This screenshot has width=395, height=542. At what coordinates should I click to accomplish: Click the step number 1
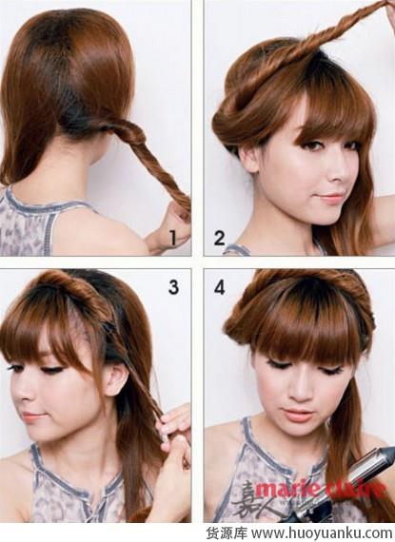click(x=173, y=238)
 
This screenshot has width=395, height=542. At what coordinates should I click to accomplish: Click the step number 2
click(x=219, y=238)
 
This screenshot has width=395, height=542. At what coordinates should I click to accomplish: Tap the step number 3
click(x=173, y=287)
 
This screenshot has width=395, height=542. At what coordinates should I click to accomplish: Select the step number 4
click(x=220, y=287)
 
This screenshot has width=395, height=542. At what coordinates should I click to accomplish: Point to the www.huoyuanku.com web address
click(x=322, y=532)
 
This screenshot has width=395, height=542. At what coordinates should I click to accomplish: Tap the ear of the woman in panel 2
click(x=248, y=160)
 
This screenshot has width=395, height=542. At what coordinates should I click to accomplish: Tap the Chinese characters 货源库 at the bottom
click(x=227, y=532)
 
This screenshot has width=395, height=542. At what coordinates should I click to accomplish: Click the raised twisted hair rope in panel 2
click(x=332, y=38)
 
